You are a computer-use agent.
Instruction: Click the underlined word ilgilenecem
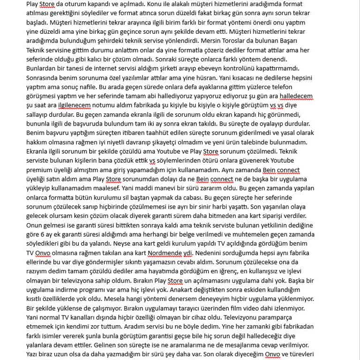(74, 105)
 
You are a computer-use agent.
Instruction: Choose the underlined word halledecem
(296, 96)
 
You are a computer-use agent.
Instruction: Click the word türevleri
(300, 354)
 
